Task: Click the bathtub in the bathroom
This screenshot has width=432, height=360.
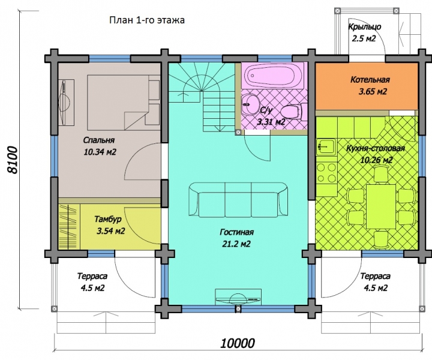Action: click(x=273, y=76)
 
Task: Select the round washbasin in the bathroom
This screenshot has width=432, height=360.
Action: click(x=250, y=104)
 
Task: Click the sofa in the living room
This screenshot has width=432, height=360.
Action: click(x=238, y=200)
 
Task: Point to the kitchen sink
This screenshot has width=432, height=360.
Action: click(x=326, y=146)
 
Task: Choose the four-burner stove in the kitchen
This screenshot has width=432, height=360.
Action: click(x=326, y=173)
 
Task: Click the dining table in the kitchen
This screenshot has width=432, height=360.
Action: click(x=381, y=206)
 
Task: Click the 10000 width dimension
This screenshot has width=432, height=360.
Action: click(x=238, y=343)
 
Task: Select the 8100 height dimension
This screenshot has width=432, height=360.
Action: click(x=13, y=160)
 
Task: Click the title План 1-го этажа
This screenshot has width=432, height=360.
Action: click(x=147, y=20)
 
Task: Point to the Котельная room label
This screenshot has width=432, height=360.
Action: click(x=370, y=80)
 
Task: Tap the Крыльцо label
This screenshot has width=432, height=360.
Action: click(x=365, y=27)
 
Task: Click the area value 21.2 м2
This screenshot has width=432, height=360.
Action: click(x=236, y=244)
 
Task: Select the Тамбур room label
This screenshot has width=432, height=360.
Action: click(x=108, y=219)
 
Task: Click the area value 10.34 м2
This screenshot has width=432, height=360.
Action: click(x=100, y=152)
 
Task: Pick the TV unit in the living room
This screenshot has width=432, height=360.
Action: click(x=238, y=297)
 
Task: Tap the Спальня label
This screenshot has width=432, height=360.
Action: click(x=98, y=140)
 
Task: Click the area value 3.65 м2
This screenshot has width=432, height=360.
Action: click(x=373, y=91)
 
